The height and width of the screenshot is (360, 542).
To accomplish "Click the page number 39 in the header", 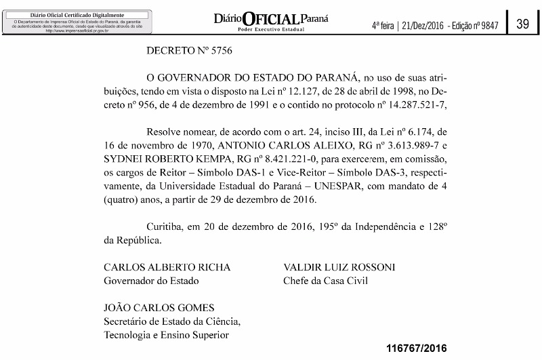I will click(x=522, y=24).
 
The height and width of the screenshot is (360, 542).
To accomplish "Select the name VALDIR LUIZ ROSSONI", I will click(x=339, y=266).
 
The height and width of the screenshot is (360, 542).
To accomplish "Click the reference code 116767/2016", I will click(x=417, y=348).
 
